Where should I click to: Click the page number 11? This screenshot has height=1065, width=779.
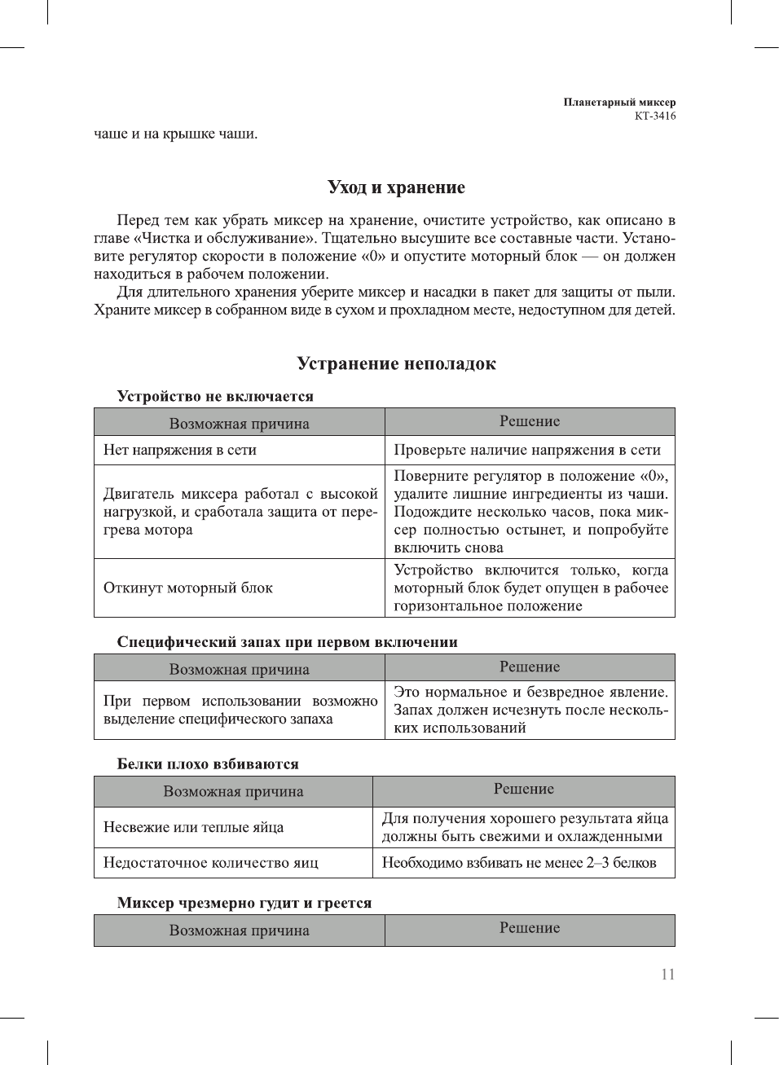667,975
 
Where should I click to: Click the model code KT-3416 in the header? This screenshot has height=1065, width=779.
655,116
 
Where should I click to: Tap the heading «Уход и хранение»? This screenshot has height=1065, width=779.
396,187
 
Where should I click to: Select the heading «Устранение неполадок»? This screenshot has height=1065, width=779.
396,363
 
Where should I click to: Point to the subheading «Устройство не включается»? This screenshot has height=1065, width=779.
215,397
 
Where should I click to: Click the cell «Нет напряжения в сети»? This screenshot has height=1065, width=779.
180,450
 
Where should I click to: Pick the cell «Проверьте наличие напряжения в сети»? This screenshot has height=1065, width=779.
527,450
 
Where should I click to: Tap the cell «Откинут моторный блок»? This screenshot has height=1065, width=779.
188,588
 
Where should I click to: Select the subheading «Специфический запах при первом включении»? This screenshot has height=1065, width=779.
287,642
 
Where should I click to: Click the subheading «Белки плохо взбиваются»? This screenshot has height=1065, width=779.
208,764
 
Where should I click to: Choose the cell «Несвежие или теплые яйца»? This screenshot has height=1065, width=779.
193,827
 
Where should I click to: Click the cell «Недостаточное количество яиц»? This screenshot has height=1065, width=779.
211,863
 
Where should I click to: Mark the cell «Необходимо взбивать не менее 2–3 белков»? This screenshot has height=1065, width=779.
519,863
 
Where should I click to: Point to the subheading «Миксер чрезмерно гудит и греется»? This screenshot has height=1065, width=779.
244,903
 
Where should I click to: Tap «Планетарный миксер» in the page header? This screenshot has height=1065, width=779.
619,103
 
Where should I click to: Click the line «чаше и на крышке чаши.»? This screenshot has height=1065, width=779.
176,134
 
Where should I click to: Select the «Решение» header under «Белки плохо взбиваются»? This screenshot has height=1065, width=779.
523,790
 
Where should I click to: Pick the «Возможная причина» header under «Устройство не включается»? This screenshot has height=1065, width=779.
239,424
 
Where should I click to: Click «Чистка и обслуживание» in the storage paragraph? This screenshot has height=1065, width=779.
228,239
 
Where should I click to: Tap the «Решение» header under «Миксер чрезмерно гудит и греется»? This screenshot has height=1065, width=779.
530,928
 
